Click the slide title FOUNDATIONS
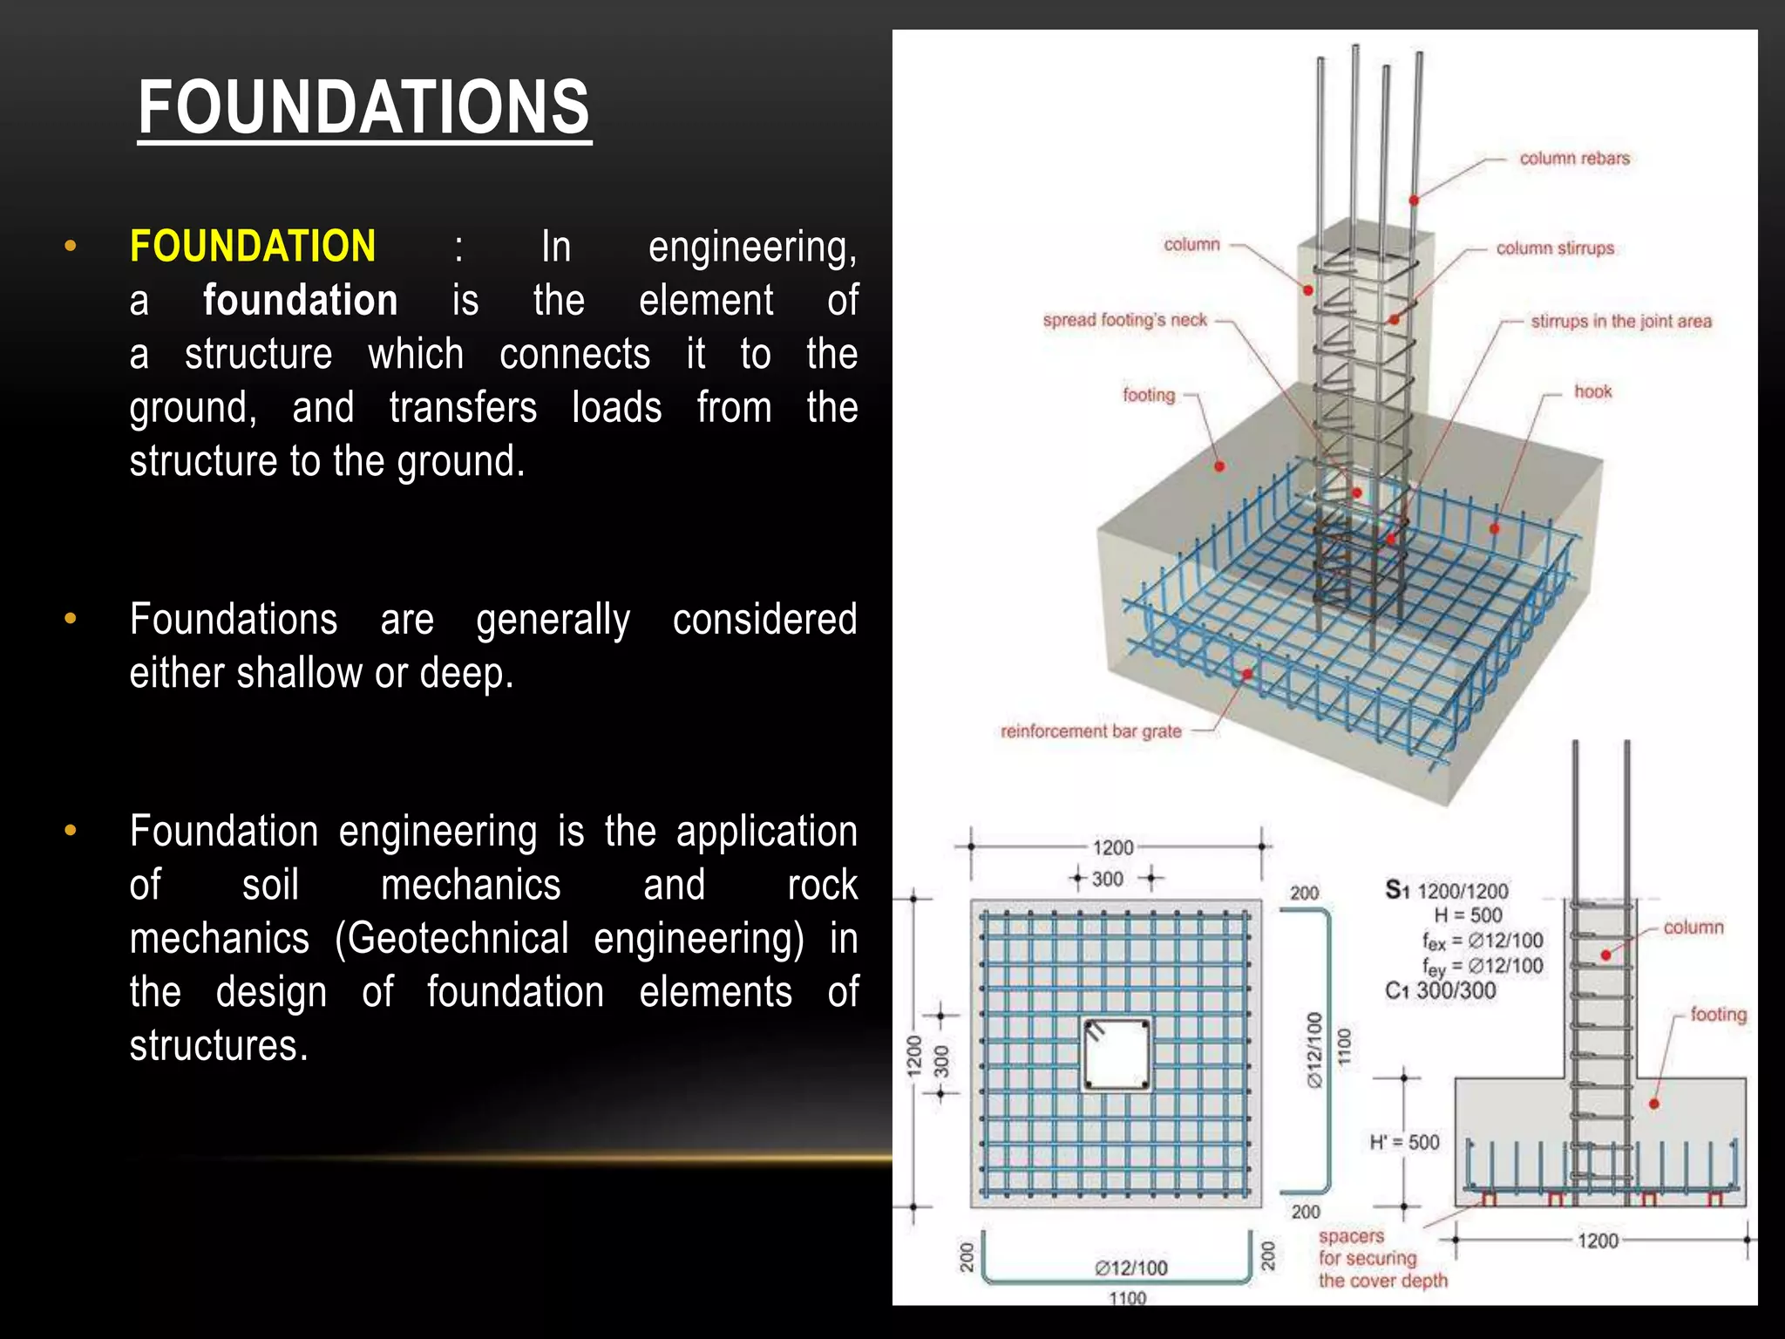coord(363,107)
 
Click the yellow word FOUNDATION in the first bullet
coord(253,247)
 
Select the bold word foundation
coord(300,301)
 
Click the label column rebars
coord(1574,159)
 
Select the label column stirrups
coord(1555,248)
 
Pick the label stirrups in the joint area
coord(1621,322)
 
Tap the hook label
coord(1592,392)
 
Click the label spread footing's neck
coord(1124,320)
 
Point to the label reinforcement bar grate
coord(1090,731)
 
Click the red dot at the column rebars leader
coord(1414,201)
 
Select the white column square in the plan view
coord(1116,1055)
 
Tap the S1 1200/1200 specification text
coord(1447,891)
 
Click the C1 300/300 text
coord(1440,991)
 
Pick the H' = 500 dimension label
coord(1404,1142)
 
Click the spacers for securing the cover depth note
coord(1382,1259)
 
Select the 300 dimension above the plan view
coord(1108,879)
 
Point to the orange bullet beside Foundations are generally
coord(71,620)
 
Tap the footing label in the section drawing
coord(1718,1015)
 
